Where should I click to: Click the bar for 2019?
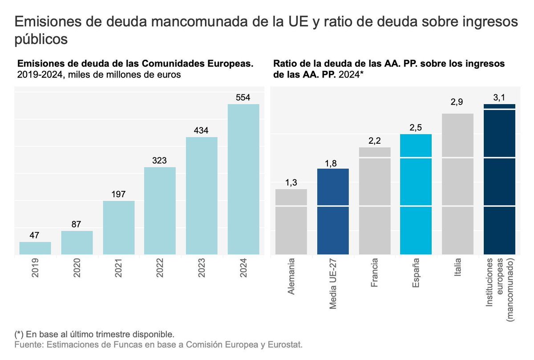click(35, 248)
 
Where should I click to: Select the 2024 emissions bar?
click(243, 180)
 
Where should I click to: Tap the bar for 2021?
click(119, 228)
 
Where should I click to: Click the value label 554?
click(243, 97)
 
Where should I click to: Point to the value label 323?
click(160, 161)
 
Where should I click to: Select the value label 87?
click(77, 224)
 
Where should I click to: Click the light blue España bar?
click(416, 194)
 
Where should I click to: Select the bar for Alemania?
click(291, 222)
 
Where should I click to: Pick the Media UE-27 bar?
click(333, 212)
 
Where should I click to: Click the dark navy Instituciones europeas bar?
click(499, 180)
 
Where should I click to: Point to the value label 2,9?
click(457, 103)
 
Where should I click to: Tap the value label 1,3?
click(291, 182)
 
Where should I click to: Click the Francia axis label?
click(375, 272)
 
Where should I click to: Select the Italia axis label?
click(458, 269)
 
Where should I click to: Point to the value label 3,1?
click(499, 97)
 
